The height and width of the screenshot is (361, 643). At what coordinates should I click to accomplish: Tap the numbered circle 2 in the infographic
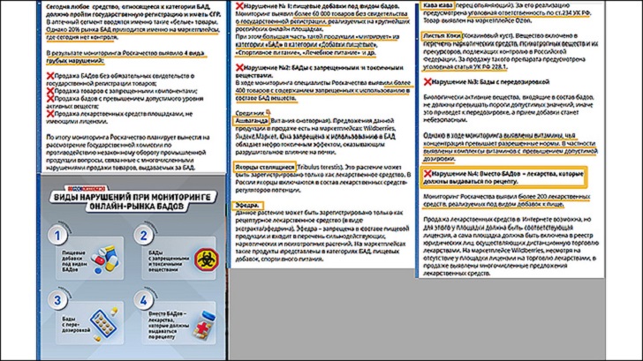[x=143, y=236]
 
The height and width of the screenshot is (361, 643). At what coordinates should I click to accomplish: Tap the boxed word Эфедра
[x=247, y=205]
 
